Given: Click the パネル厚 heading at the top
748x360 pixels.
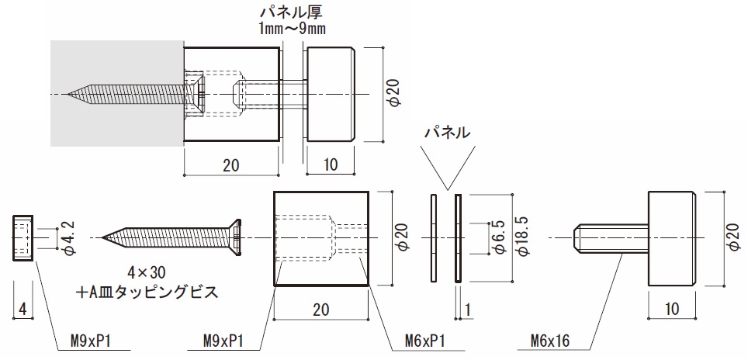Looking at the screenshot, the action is tap(292, 12).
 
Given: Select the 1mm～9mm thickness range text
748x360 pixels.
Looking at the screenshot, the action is tap(292, 29).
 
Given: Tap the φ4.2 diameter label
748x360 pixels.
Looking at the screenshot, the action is tap(67, 237).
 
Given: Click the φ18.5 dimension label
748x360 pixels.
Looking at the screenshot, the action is tap(523, 237).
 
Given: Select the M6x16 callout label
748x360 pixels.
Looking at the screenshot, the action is tap(550, 341).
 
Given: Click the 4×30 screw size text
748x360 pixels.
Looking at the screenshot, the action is tap(147, 273).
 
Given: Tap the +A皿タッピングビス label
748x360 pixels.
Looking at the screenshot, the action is tap(147, 292).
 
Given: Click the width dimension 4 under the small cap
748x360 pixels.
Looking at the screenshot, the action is tap(23, 310).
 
